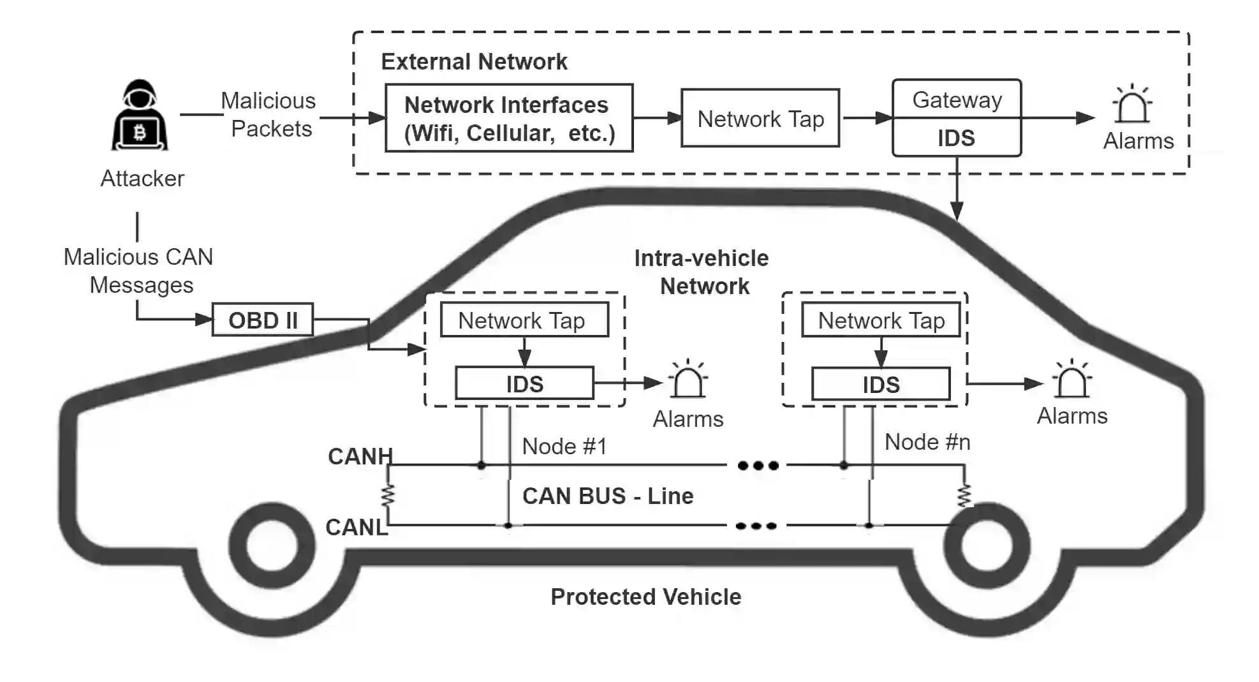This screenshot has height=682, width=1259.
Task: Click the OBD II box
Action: pos(262,320)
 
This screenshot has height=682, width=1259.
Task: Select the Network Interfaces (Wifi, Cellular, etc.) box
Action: pos(509,118)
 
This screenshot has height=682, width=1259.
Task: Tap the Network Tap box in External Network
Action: pos(760,118)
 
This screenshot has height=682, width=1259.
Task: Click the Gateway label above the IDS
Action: pos(957,100)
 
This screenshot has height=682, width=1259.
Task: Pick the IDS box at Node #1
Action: pos(524,383)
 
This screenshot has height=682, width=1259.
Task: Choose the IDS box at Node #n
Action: pos(881,384)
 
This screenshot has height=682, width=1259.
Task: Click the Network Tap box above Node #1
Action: pos(524,320)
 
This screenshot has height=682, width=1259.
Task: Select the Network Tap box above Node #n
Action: pos(881,320)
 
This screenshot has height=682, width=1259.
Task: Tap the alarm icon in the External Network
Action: pos(1132,105)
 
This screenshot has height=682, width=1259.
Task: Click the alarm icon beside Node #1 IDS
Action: pos(688,380)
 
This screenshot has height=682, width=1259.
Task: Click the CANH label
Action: pos(360,456)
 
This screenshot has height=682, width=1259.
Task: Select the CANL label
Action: pos(356,527)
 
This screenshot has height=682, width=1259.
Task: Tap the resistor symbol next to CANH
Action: pos(388,495)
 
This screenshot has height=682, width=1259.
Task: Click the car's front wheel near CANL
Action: pos(272,546)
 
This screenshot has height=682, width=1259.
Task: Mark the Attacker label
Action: pos(142,178)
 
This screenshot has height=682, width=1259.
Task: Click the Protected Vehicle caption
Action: pos(645,597)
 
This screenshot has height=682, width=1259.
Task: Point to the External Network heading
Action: pos(474,62)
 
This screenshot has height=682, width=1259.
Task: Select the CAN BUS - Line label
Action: pos(607,496)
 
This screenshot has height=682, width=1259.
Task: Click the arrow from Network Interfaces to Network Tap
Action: pos(657,118)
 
